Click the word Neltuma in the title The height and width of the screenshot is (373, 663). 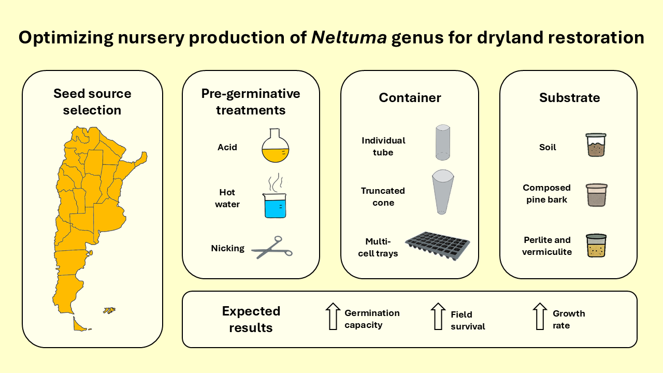tap(349, 38)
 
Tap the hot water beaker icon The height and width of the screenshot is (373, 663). tap(275, 204)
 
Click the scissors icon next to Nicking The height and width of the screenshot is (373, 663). tap(272, 248)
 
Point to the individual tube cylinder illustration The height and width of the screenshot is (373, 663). tap(442, 142)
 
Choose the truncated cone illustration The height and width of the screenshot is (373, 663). tap(442, 192)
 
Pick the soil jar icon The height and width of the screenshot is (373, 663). tap(596, 145)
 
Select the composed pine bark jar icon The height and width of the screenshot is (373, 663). tap(596, 195)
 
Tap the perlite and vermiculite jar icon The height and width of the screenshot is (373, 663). tap(596, 246)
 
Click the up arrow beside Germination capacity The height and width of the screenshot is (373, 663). tap(332, 316)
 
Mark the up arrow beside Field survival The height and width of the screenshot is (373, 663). tap(438, 316)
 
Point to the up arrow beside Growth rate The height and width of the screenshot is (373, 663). tap(540, 316)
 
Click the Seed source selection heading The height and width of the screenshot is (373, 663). tap(92, 102)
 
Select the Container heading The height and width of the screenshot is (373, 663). tap(410, 97)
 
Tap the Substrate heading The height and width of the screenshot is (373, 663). tap(569, 97)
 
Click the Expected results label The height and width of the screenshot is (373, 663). tap(251, 319)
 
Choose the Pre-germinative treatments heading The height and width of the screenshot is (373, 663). tap(251, 102)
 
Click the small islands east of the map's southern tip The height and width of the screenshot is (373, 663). tap(109, 310)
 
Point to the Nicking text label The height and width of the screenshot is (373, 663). tap(227, 248)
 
